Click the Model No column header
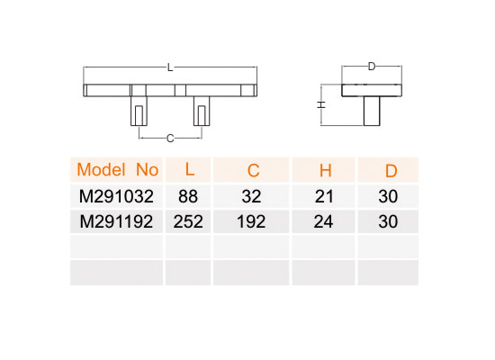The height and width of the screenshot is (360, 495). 117,170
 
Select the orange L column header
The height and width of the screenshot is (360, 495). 189,169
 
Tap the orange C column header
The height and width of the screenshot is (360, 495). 253,171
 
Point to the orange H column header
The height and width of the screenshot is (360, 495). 326,171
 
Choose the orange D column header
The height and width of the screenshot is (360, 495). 391,171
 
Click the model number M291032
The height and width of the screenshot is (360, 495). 116,196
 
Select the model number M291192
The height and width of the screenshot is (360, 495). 116,221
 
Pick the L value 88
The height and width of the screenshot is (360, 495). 188,196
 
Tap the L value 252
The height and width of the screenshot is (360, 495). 188,221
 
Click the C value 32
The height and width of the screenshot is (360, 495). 252,196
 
